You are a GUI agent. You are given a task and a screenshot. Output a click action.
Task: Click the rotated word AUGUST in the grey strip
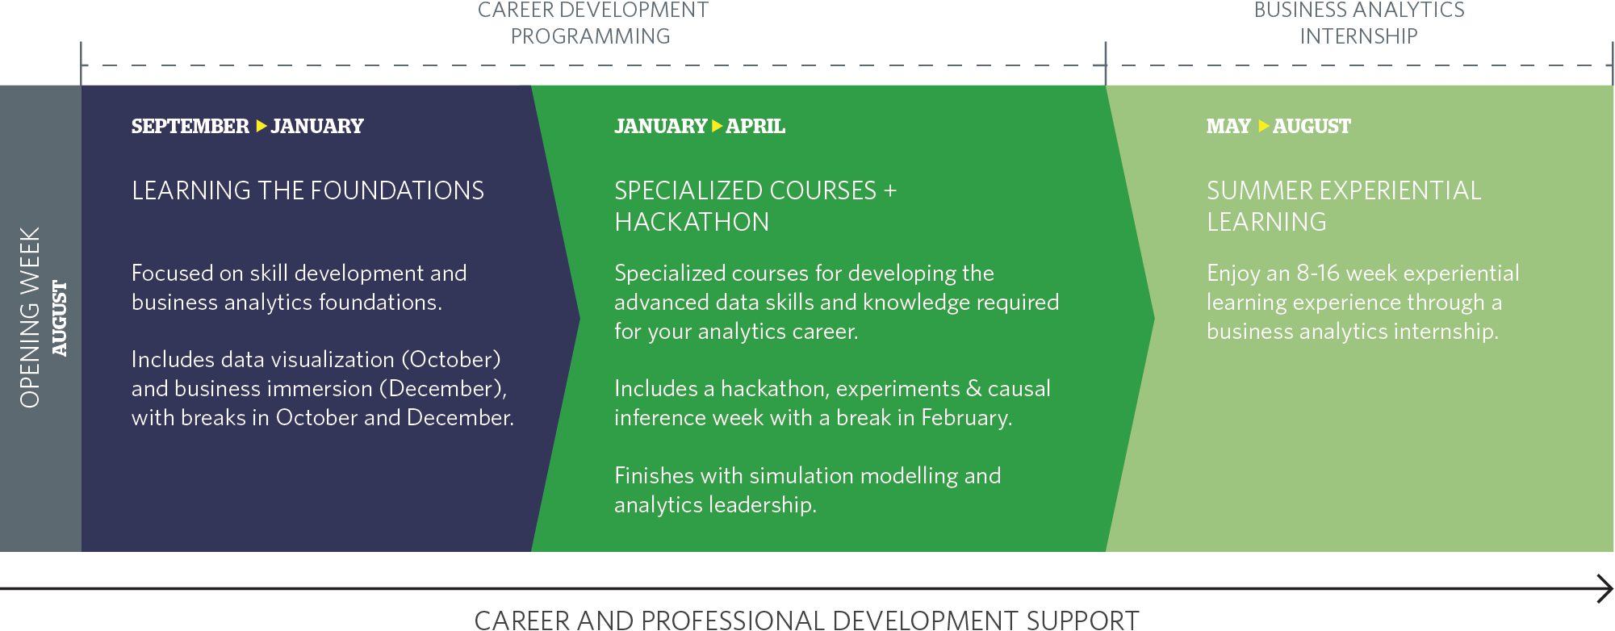click(60, 318)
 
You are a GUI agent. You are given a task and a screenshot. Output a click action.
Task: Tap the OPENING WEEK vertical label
click(30, 317)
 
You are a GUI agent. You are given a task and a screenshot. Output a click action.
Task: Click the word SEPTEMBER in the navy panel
click(190, 127)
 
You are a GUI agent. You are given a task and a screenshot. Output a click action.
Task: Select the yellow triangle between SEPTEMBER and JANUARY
click(261, 126)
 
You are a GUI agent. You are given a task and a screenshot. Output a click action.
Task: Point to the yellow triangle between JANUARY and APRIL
click(717, 126)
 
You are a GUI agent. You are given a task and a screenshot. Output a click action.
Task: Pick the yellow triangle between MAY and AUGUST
click(1263, 126)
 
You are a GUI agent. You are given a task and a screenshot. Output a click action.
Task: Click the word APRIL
click(755, 127)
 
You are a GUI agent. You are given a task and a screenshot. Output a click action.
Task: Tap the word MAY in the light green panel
click(1228, 127)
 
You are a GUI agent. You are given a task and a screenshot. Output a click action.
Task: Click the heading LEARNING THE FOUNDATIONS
click(308, 191)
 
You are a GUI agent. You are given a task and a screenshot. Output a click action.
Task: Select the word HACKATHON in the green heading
click(692, 223)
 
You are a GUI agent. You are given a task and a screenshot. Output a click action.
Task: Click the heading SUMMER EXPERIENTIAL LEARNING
click(1343, 206)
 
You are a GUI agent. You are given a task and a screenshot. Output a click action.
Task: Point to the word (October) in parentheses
click(451, 360)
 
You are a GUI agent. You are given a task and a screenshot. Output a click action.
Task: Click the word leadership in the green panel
click(762, 505)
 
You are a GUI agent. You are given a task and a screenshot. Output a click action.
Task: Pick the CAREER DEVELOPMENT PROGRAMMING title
click(592, 23)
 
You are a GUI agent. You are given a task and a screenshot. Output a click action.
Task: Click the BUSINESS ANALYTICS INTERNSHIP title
click(1359, 23)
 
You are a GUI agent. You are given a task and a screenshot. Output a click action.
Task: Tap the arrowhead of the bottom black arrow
click(1605, 588)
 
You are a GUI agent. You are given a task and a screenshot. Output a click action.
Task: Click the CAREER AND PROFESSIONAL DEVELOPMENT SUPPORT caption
click(806, 620)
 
